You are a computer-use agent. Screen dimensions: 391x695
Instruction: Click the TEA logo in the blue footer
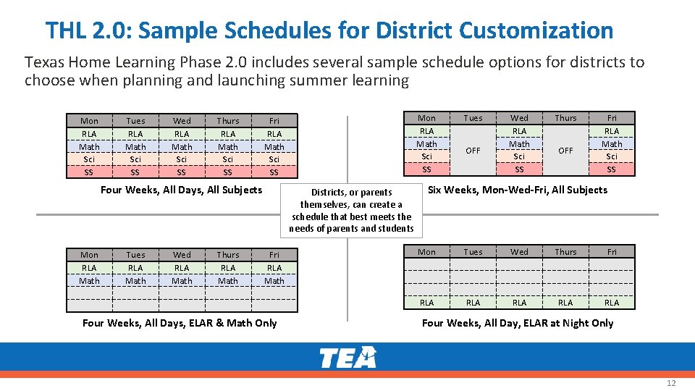347,357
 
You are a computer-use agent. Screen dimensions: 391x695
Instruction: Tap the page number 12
670,383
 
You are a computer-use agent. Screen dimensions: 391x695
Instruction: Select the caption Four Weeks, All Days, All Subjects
181,190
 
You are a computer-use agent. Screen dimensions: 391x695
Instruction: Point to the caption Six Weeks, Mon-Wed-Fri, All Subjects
518,190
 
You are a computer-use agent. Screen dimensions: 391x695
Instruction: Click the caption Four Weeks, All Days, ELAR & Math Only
180,323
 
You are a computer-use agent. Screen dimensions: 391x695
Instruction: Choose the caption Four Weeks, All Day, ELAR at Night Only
518,323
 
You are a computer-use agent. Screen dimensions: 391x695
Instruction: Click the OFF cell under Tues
473,151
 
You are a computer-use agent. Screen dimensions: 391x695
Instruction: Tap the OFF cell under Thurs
565,151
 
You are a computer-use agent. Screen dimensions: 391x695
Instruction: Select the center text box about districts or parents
351,211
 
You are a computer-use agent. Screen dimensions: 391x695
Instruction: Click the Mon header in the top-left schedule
89,121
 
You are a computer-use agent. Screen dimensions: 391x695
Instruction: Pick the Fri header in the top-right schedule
612,118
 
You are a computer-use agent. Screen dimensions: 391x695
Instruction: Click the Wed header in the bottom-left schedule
182,255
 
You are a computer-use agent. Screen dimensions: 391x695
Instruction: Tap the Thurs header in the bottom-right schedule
565,252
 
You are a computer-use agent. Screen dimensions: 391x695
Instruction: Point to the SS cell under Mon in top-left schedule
89,172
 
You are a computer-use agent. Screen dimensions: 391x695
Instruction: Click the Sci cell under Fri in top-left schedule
274,159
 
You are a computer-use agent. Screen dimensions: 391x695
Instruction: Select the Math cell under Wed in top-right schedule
519,144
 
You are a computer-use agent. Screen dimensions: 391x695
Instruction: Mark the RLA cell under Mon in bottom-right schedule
427,303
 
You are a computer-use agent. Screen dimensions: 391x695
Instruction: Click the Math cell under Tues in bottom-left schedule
135,281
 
